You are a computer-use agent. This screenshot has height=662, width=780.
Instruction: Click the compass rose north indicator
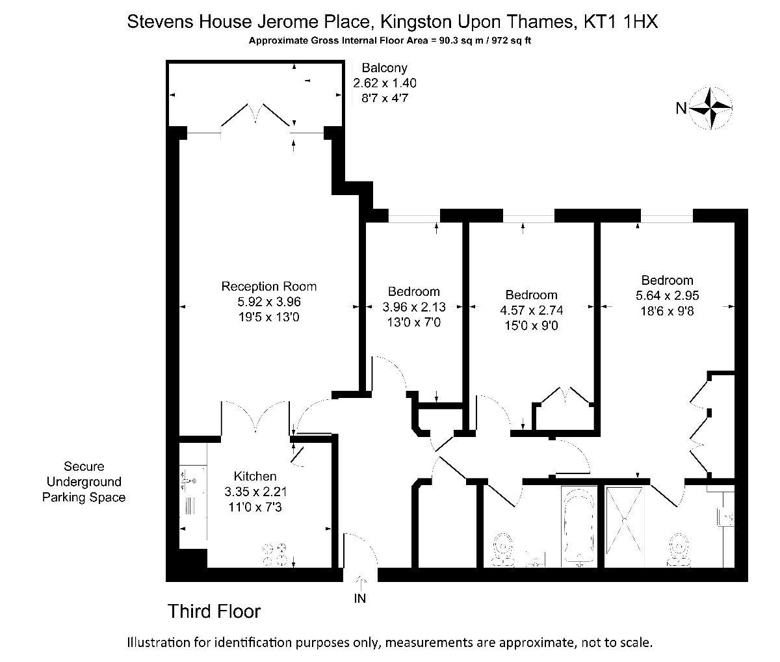pos(711,109)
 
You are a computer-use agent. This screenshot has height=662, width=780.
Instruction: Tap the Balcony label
pos(385,68)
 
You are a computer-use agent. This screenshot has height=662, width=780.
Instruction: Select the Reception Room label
pos(268,286)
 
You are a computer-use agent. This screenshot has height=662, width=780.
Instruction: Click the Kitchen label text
pos(255,476)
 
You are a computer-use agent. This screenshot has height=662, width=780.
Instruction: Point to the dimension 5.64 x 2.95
pos(667,295)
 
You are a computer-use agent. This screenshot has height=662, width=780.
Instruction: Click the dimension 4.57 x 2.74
pos(531,310)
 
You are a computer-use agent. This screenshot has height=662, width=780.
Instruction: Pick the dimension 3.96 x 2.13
pos(414,307)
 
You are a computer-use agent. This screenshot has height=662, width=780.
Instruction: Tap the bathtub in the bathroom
pos(579,527)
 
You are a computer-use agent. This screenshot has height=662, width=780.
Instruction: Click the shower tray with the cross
pos(624,520)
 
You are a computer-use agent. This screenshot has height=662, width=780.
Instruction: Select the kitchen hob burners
pos(275,554)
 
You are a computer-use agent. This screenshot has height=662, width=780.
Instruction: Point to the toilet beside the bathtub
pos(503,549)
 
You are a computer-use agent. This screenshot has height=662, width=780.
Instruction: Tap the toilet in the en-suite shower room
pos(679,549)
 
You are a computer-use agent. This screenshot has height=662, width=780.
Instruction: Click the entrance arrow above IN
pos(361,583)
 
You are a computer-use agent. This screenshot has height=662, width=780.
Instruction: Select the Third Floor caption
pos(214,611)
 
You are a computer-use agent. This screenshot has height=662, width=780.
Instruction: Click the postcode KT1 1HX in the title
pos(621,21)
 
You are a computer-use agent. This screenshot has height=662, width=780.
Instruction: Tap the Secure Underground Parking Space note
pos(84,481)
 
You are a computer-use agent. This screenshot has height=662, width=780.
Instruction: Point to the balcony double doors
pos(257,113)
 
